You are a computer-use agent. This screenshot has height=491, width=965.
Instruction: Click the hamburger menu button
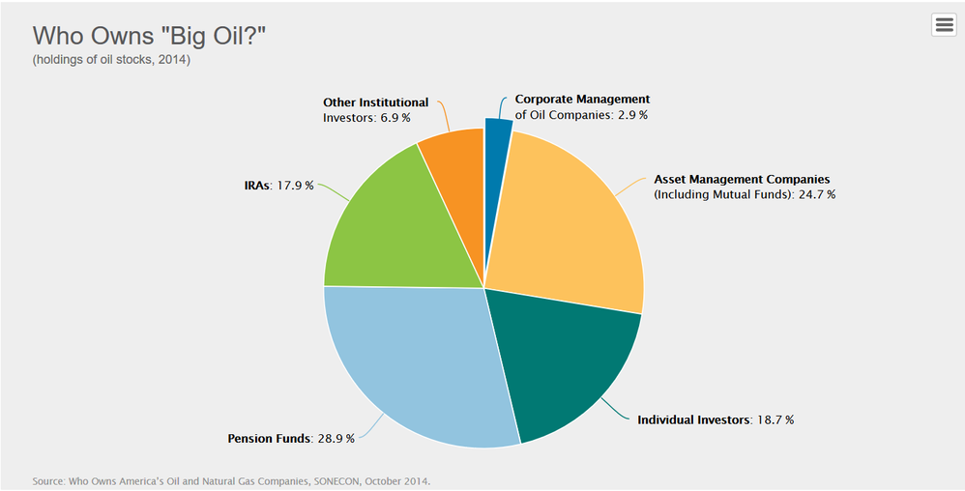coord(944,24)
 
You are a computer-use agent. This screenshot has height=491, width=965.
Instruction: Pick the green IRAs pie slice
coord(388,228)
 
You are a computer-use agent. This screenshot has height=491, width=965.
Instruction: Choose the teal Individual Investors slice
coord(560,363)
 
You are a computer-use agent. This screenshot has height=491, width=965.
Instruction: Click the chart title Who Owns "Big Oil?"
coord(149,37)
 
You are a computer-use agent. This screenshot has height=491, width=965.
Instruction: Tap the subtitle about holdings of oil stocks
coord(111,60)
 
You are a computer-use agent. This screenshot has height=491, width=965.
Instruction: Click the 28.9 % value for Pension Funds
coord(336,439)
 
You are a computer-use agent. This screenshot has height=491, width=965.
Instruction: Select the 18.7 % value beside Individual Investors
coord(775,420)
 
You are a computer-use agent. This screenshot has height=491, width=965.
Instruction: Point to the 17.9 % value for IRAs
coord(295,186)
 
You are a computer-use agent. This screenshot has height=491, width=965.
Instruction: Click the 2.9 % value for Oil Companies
coord(632,115)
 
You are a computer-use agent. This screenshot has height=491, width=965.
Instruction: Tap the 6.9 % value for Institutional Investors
coord(395,118)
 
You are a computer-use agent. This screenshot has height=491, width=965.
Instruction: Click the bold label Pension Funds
coord(269,439)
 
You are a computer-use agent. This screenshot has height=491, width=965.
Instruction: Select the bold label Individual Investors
coord(693,420)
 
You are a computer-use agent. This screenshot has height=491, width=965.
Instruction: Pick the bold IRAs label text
coord(256,186)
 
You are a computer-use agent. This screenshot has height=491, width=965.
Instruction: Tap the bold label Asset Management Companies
coord(742,180)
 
